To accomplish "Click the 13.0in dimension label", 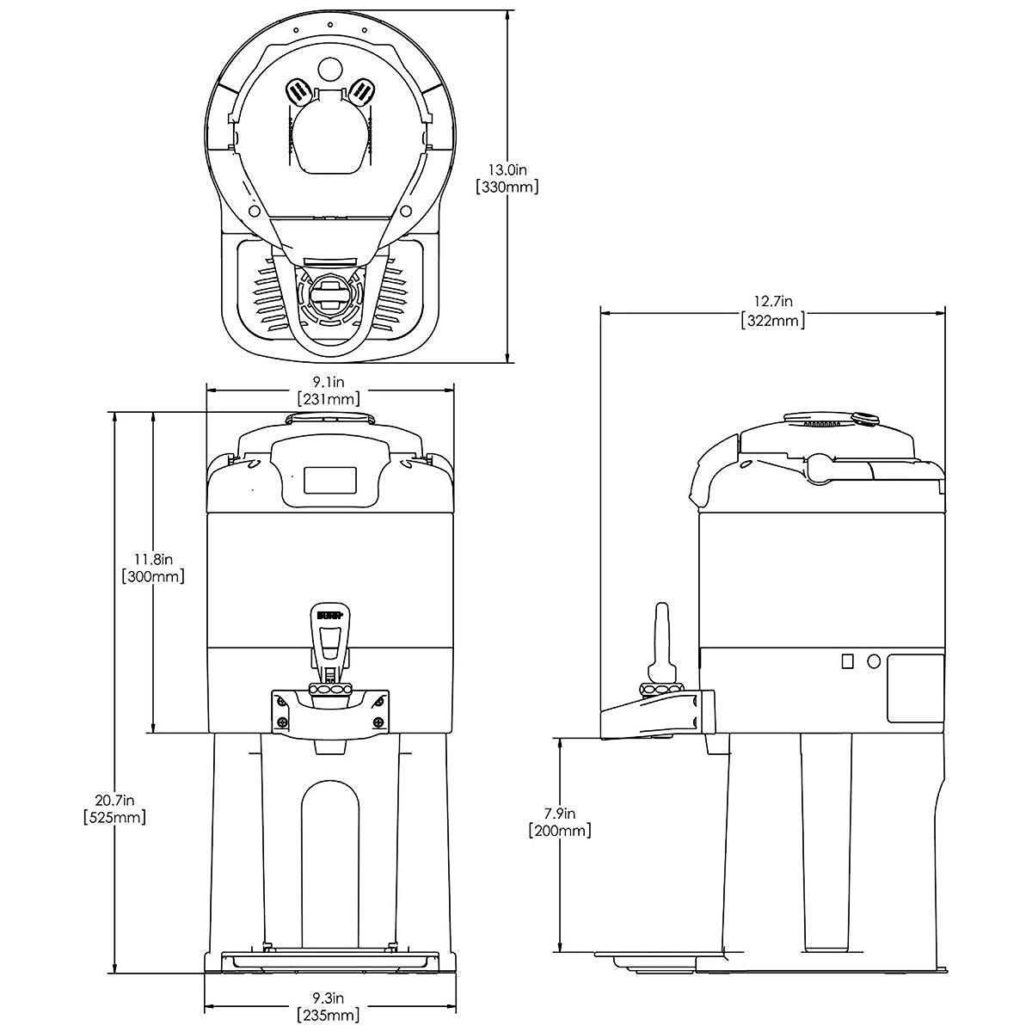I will click(507, 169).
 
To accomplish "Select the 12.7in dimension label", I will click(772, 303).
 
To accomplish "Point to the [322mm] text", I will click(772, 321).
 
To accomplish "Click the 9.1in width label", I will click(329, 383).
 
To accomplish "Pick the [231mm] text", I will click(329, 399).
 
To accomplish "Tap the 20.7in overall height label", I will click(114, 800).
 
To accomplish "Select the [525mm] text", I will click(114, 817).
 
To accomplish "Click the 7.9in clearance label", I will click(560, 814).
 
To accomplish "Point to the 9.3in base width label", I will click(328, 998).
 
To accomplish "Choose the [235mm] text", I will click(328, 1015).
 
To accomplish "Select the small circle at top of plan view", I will click(329, 67).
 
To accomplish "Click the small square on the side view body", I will click(847, 660).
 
